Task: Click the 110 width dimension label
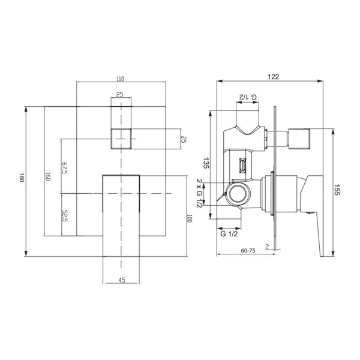121,79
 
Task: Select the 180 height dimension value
22,178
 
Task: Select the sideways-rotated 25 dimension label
184,139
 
